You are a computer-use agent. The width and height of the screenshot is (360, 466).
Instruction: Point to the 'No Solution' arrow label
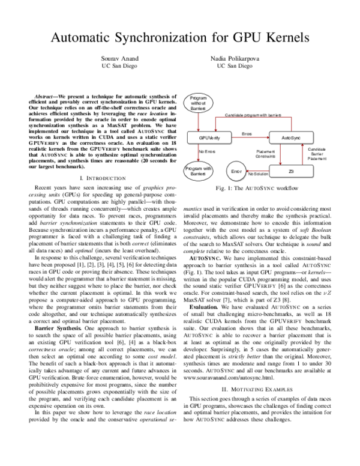(x=259, y=174)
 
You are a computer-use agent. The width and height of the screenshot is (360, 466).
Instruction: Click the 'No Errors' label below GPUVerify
(x=207, y=153)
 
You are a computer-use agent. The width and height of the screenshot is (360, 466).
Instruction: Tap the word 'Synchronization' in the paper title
(x=162, y=37)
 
